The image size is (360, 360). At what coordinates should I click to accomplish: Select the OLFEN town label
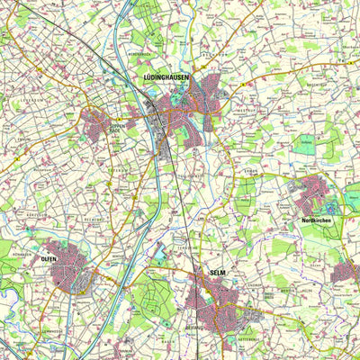(x=48, y=258)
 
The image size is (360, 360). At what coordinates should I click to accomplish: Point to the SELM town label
(x=216, y=272)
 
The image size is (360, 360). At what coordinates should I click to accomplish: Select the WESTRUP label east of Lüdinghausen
(x=245, y=110)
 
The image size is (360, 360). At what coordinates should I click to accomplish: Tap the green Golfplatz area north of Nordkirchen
(x=306, y=141)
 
